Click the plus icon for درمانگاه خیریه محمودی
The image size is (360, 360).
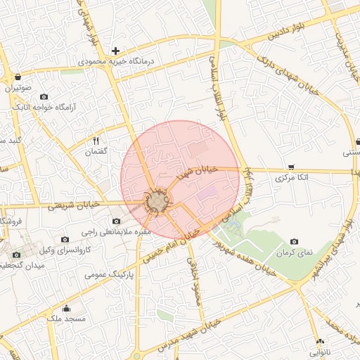pos(116,51)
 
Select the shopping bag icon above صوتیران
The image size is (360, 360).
pos(17,77)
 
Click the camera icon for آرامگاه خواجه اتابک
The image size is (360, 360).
pos(44,96)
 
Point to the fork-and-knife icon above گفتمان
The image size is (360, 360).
pos(96,141)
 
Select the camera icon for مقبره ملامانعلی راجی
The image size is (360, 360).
pos(116,221)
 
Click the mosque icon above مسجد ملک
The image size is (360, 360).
pos(67,308)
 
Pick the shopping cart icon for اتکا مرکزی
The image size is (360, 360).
pos(291,167)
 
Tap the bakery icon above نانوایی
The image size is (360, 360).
pos(319,340)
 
